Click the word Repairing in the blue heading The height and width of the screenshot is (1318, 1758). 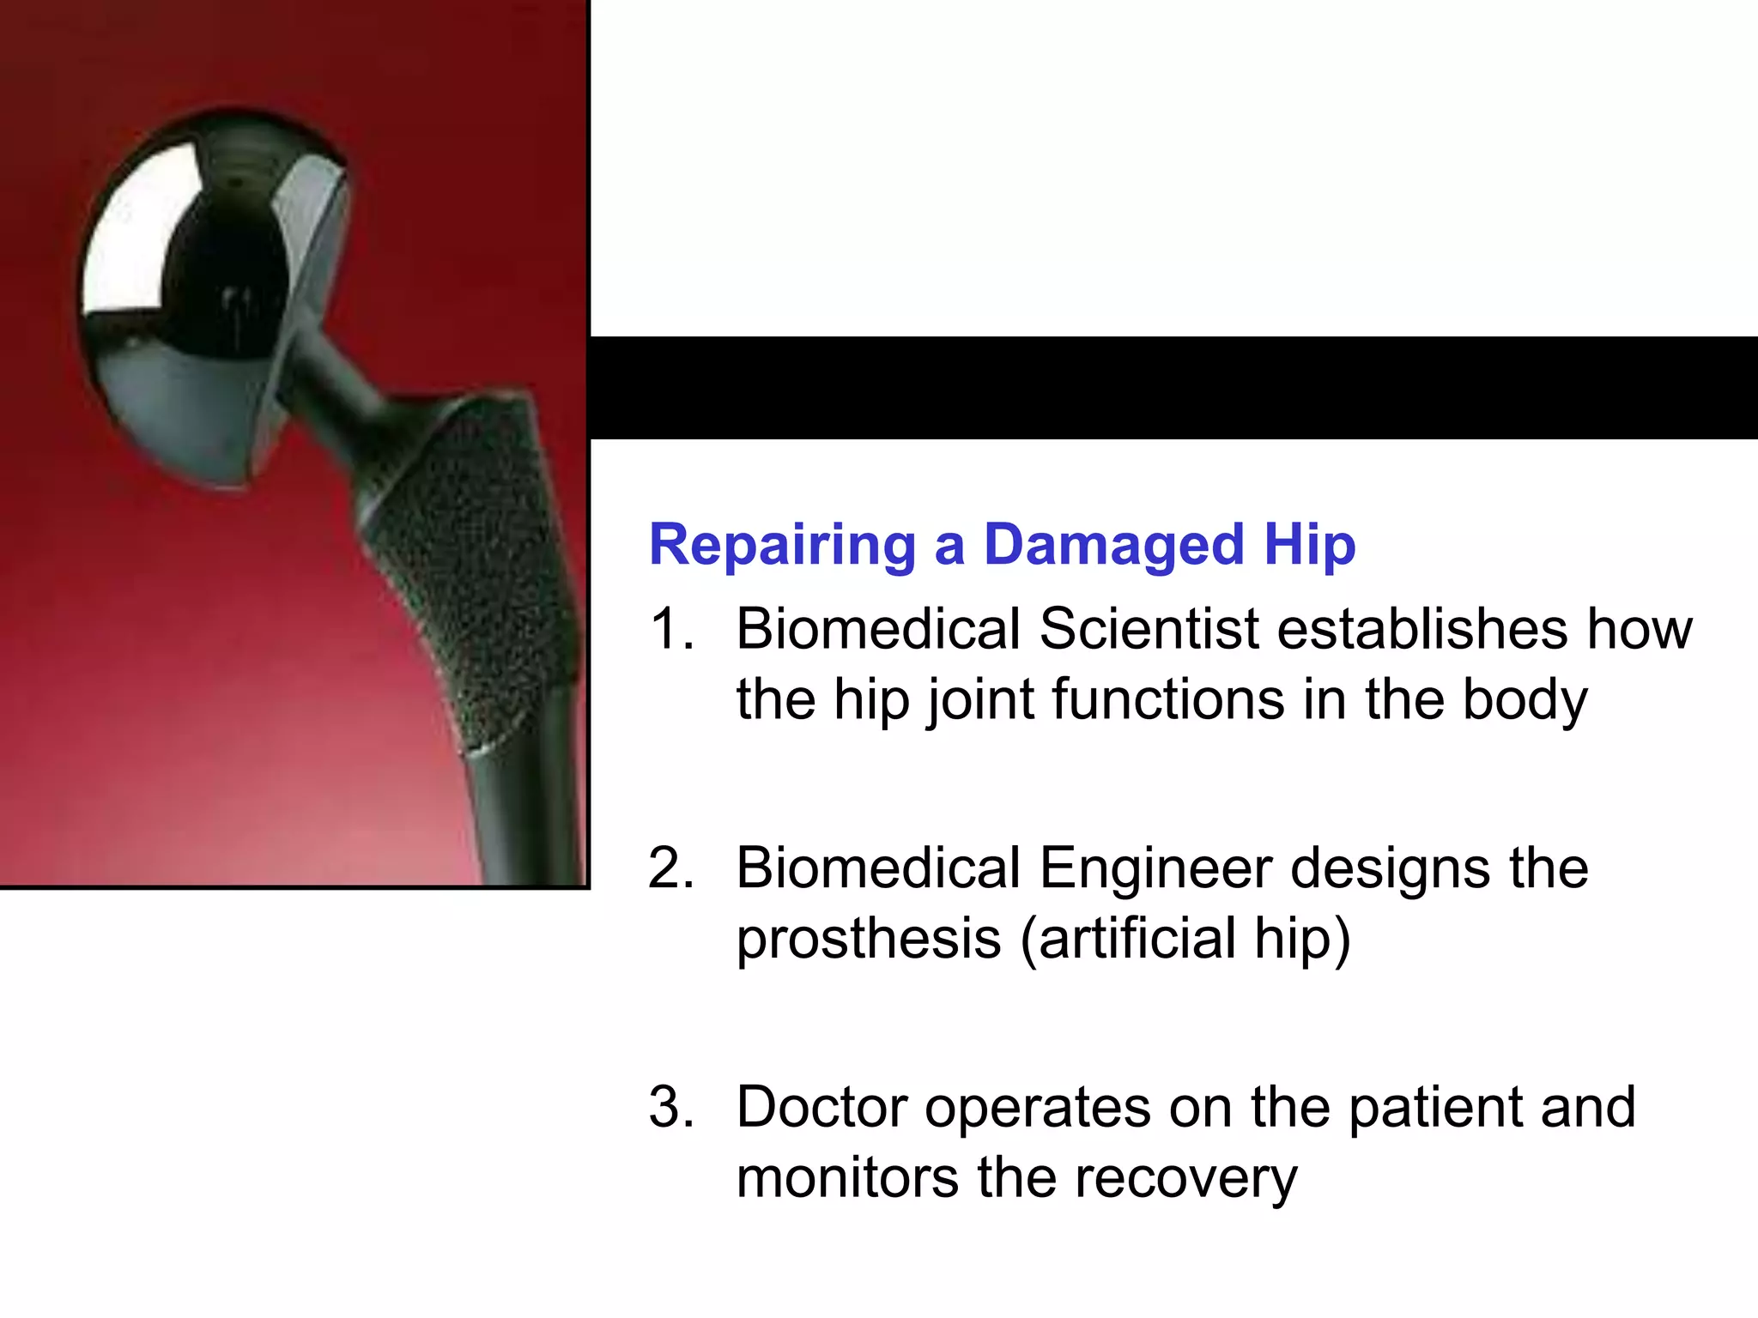point(782,547)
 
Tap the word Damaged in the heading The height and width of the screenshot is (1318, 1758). point(1113,547)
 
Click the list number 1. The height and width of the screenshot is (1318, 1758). point(670,629)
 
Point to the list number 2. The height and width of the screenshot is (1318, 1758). point(670,868)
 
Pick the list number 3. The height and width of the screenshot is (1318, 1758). point(670,1108)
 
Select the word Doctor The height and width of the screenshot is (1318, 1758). point(821,1108)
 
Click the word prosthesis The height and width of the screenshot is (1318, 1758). point(869,940)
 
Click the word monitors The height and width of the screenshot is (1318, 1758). point(846,1178)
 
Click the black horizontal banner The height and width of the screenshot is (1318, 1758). point(1173,387)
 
